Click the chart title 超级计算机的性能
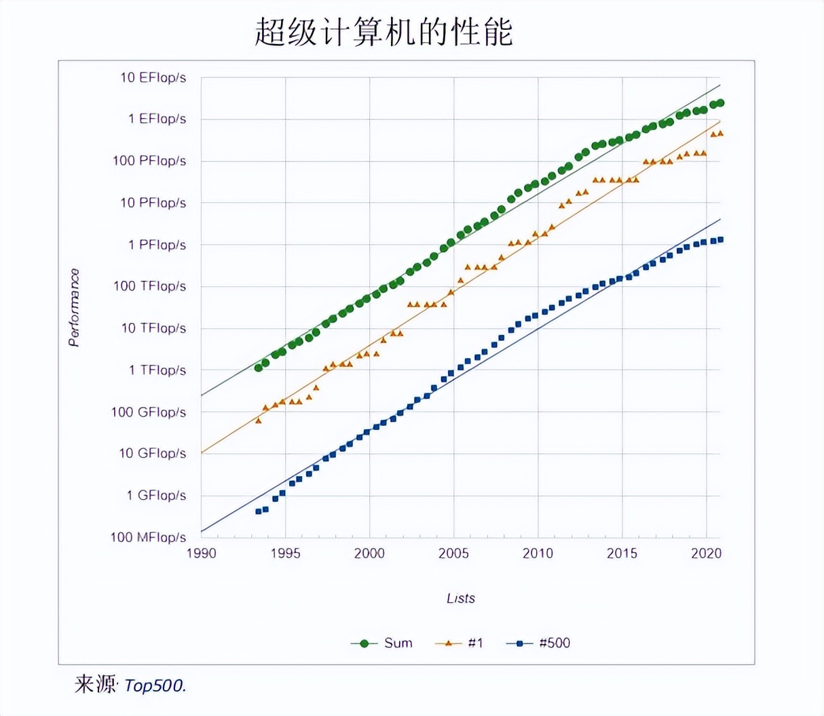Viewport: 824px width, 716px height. coord(383,32)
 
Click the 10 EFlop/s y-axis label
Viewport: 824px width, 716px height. coord(153,77)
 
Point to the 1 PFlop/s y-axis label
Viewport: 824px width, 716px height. coord(157,245)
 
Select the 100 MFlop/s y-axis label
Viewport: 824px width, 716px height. coord(148,537)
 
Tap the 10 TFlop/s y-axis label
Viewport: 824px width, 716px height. coord(153,328)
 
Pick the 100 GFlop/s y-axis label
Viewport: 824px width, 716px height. coord(149,412)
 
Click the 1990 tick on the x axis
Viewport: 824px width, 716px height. coord(201,553)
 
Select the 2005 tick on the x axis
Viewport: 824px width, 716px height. coord(453,553)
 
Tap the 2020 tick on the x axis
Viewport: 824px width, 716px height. coord(706,553)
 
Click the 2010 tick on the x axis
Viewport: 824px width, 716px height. coord(538,553)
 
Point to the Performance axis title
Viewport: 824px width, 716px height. coord(74,307)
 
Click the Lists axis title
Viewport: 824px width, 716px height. coord(461,598)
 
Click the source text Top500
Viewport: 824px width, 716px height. coord(155,685)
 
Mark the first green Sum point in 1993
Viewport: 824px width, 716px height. coord(259,367)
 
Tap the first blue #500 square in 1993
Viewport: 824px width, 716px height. coord(259,511)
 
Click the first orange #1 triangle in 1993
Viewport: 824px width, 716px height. coord(259,421)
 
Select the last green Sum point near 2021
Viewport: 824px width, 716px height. coord(720,103)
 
